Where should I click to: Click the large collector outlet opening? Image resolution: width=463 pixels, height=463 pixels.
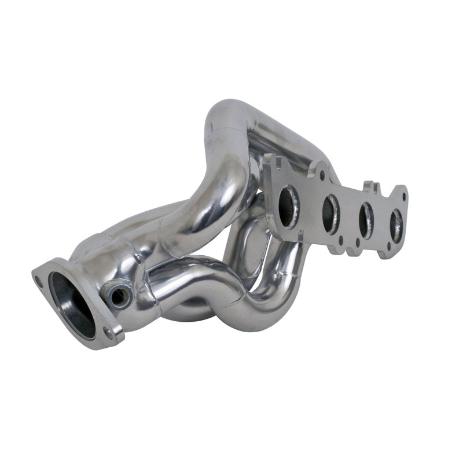point(71,303)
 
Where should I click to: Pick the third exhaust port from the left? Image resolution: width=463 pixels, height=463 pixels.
point(366,218)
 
